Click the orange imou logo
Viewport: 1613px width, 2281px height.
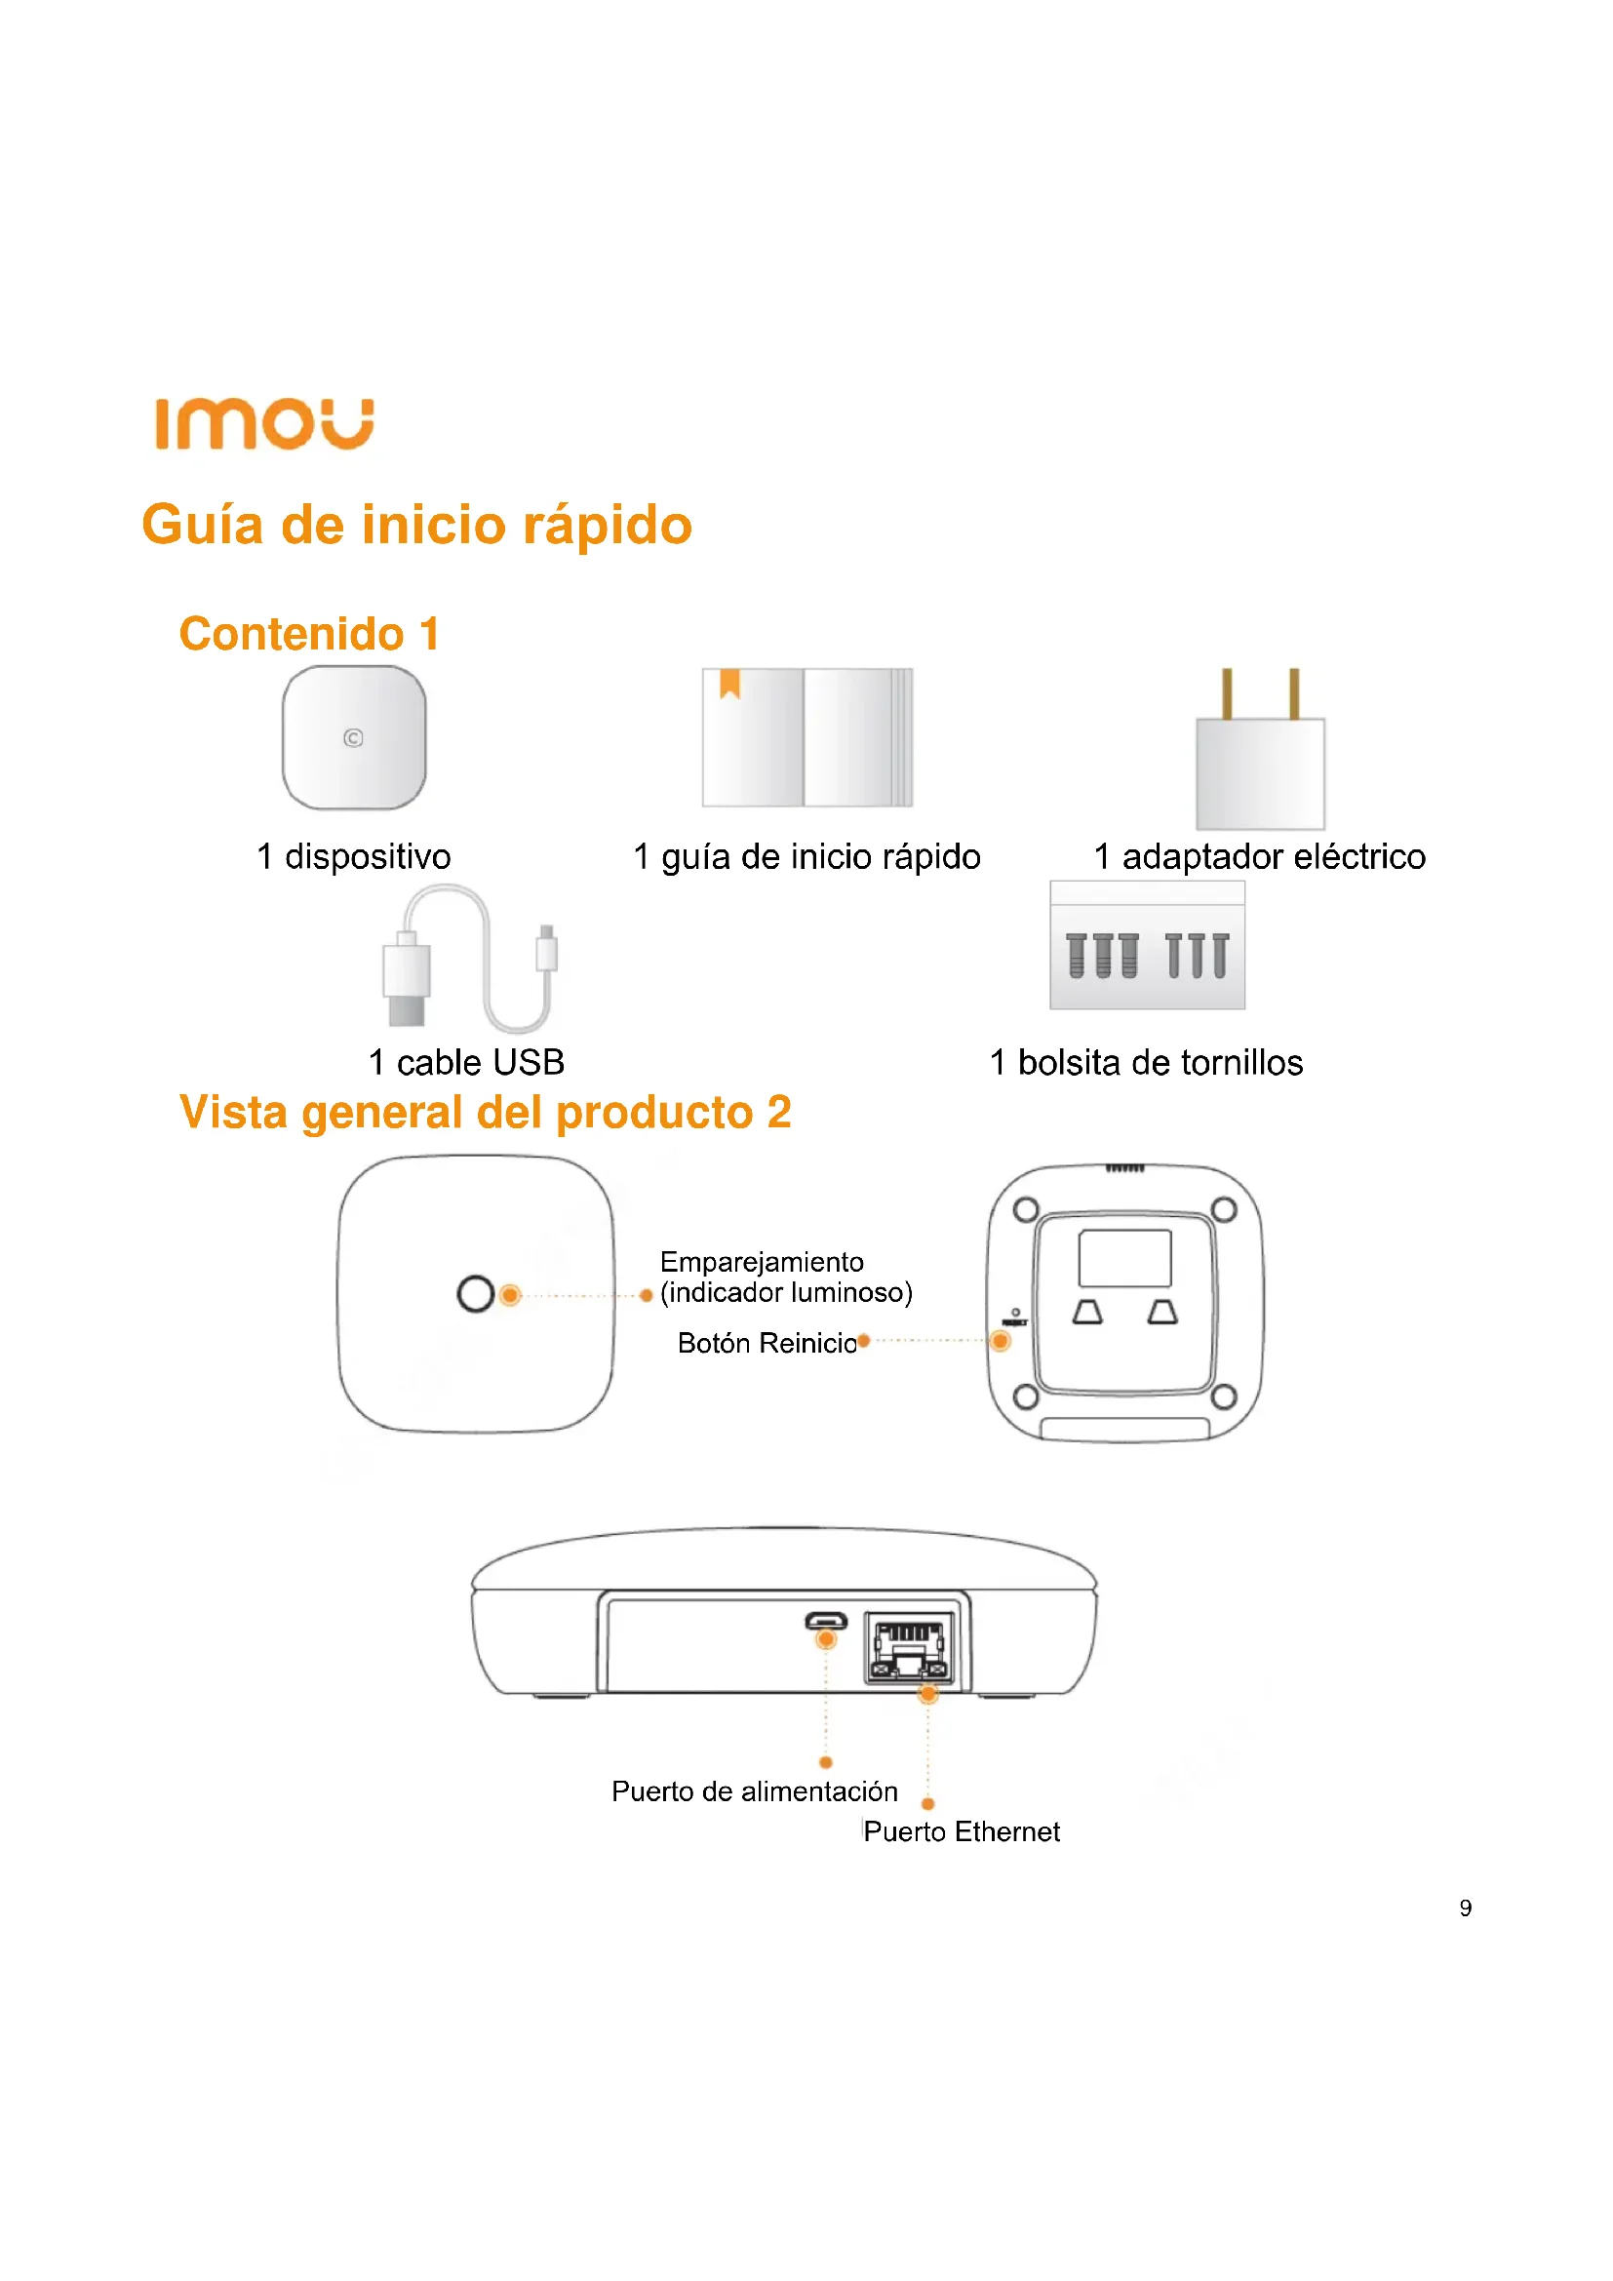pyautogui.click(x=264, y=424)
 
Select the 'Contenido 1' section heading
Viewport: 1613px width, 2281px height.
pyautogui.click(x=309, y=634)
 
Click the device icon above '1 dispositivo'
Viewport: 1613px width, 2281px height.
pyautogui.click(x=354, y=737)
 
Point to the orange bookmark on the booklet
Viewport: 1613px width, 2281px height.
pyautogui.click(x=730, y=683)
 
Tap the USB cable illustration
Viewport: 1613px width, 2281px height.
pyautogui.click(x=469, y=960)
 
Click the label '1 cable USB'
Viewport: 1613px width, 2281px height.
pyautogui.click(x=466, y=1062)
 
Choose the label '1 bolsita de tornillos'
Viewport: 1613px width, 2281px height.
pyautogui.click(x=1146, y=1062)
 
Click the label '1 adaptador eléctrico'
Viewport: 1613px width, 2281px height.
pyautogui.click(x=1258, y=856)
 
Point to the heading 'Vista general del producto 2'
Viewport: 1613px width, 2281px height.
pyautogui.click(x=485, y=1112)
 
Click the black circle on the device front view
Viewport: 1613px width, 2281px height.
pyautogui.click(x=476, y=1293)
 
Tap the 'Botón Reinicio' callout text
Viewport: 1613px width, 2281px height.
pyautogui.click(x=767, y=1343)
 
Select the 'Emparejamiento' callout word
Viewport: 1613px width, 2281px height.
pyautogui.click(x=762, y=1262)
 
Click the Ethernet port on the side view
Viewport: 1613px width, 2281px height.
pyautogui.click(x=910, y=1648)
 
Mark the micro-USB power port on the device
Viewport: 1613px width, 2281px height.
pyautogui.click(x=825, y=1623)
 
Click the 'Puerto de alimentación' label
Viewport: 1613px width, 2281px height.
pyautogui.click(x=755, y=1791)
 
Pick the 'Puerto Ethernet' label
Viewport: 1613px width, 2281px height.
pyautogui.click(x=962, y=1832)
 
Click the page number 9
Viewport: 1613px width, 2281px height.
pyautogui.click(x=1465, y=1907)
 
